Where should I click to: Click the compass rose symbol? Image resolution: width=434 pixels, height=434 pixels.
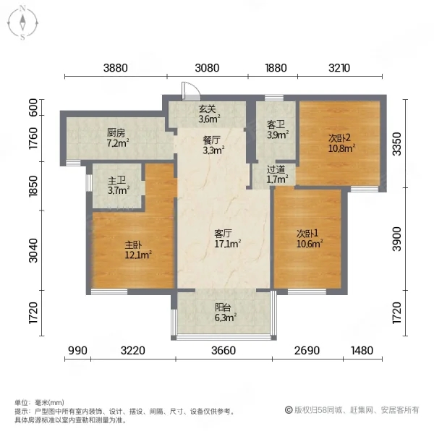[22, 23]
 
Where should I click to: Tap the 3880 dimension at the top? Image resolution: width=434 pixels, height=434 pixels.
[116, 68]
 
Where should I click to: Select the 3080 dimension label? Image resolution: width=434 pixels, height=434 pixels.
[207, 68]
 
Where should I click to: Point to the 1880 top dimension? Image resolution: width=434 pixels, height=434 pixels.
[276, 68]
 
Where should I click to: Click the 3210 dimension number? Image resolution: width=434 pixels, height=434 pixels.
[339, 68]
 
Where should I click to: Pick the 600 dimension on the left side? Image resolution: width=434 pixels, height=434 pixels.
[33, 107]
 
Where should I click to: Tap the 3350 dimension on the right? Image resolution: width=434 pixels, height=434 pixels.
[397, 144]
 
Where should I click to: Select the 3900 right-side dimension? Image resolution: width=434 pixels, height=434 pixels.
[397, 239]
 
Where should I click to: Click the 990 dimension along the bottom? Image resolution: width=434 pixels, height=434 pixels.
[78, 350]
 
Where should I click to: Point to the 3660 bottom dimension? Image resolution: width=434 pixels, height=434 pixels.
[224, 350]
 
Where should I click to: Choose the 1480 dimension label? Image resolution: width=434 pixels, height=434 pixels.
[362, 350]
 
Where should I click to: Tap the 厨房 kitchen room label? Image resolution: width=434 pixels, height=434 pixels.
[116, 133]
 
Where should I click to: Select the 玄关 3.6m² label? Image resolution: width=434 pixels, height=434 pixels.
[209, 114]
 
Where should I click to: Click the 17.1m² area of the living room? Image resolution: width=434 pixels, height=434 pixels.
[228, 244]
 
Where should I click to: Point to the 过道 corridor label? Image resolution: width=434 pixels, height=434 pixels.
[276, 169]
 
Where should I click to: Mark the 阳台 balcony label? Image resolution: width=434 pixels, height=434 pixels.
[223, 307]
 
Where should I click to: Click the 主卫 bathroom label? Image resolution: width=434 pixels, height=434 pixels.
[116, 181]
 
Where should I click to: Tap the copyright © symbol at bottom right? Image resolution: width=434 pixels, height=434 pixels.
[289, 410]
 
